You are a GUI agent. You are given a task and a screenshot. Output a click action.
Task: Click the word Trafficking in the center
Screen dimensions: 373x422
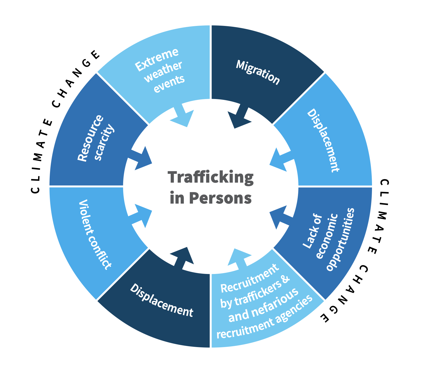pos(210,177)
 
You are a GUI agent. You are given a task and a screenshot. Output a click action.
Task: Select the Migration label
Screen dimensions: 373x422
pos(258,72)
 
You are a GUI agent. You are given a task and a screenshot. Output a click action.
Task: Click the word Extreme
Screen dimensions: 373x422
pos(157,60)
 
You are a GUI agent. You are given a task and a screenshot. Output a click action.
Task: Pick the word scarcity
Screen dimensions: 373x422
pos(104,143)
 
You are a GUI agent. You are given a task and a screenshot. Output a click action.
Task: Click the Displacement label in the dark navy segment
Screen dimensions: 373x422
pos(162,300)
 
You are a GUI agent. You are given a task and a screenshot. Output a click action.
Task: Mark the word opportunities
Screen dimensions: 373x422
pos(340,239)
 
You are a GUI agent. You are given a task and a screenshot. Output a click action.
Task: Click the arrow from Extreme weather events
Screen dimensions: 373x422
pos(183,116)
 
